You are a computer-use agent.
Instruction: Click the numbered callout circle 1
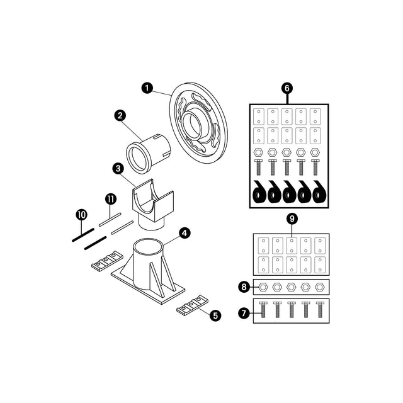tap(147, 88)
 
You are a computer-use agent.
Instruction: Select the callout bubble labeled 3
tap(117, 168)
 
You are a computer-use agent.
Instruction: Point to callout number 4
tap(184, 233)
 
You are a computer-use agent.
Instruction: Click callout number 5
tap(216, 315)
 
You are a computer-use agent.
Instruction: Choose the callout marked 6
tap(287, 88)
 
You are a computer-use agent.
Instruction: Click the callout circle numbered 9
tap(291, 219)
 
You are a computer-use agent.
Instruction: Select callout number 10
tap(81, 215)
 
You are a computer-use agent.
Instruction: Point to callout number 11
tap(110, 199)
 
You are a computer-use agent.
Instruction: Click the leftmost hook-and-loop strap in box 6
tap(259, 193)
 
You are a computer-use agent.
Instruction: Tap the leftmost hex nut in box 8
tap(263, 287)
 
